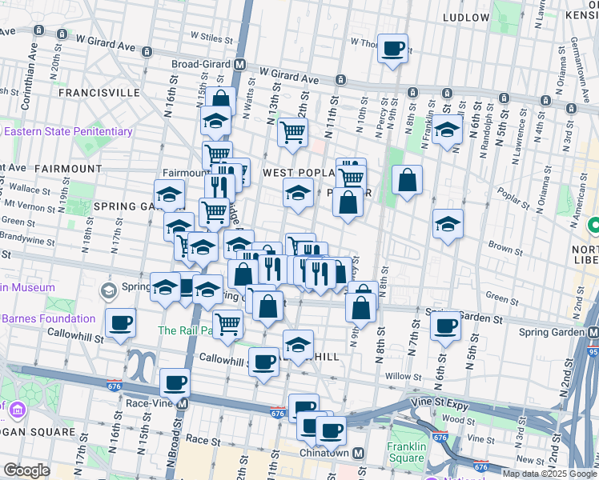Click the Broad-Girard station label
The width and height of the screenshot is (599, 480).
[x=203, y=64]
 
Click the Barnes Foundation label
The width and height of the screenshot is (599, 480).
[x=48, y=318]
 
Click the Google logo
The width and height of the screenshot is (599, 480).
[x=26, y=470]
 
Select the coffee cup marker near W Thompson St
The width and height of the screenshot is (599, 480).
[x=392, y=48]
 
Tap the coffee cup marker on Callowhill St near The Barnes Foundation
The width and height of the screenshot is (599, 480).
[x=121, y=323]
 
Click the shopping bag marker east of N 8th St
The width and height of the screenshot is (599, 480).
[x=408, y=181]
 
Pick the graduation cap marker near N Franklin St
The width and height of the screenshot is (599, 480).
[x=447, y=129]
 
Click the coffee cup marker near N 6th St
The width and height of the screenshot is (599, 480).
[x=445, y=326]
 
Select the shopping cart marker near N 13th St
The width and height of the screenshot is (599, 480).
[x=292, y=132]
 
